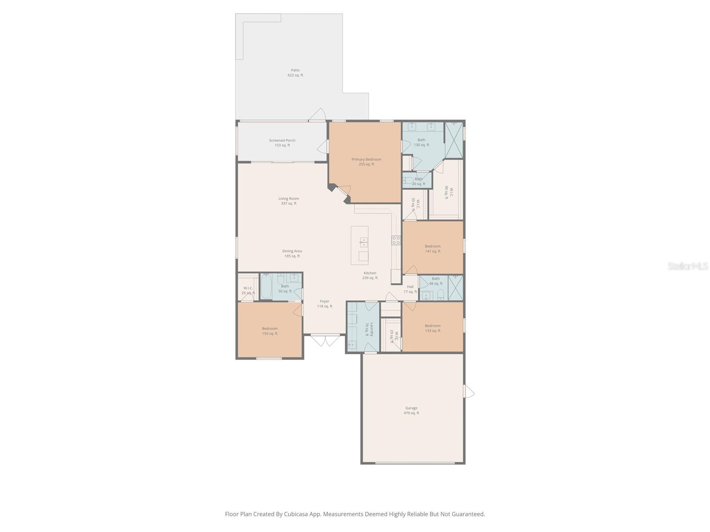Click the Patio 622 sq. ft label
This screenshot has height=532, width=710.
click(x=295, y=73)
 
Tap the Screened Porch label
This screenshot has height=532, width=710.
click(x=282, y=143)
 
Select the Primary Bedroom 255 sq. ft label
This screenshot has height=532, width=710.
click(x=366, y=162)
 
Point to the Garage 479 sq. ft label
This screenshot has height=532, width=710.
click(x=411, y=411)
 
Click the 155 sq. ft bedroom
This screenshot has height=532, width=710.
click(x=269, y=331)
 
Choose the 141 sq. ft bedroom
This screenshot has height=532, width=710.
click(x=433, y=249)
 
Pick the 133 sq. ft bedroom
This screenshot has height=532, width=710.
click(x=433, y=328)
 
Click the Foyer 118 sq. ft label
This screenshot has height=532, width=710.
click(x=324, y=304)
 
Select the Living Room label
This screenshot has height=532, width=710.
click(x=288, y=201)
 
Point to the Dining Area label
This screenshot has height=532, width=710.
click(x=292, y=253)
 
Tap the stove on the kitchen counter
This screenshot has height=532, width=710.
click(x=396, y=240)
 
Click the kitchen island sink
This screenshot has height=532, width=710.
click(x=363, y=242)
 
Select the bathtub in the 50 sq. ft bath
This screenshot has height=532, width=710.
click(x=266, y=287)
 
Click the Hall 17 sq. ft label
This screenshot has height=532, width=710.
click(x=410, y=289)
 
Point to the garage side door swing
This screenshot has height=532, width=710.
click(x=469, y=392)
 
